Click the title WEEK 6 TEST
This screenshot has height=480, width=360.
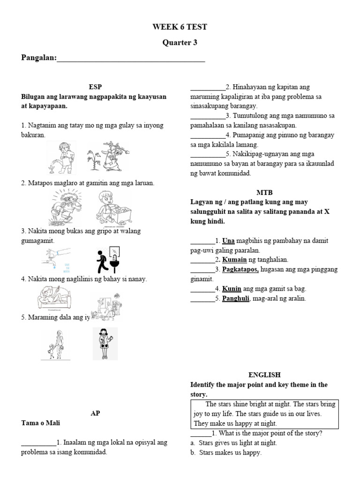coord(180,27)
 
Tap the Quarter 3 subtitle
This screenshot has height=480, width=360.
coord(180,43)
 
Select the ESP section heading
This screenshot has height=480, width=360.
coord(95,87)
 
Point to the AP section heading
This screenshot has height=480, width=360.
coord(95,413)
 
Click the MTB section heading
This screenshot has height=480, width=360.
coord(264,192)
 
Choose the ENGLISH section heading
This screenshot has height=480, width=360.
coord(264,375)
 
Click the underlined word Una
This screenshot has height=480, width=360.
coord(228,240)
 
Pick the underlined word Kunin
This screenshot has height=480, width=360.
coord(231,289)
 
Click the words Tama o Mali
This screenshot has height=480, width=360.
coord(40,423)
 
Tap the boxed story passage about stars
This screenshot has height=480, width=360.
coord(264,413)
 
